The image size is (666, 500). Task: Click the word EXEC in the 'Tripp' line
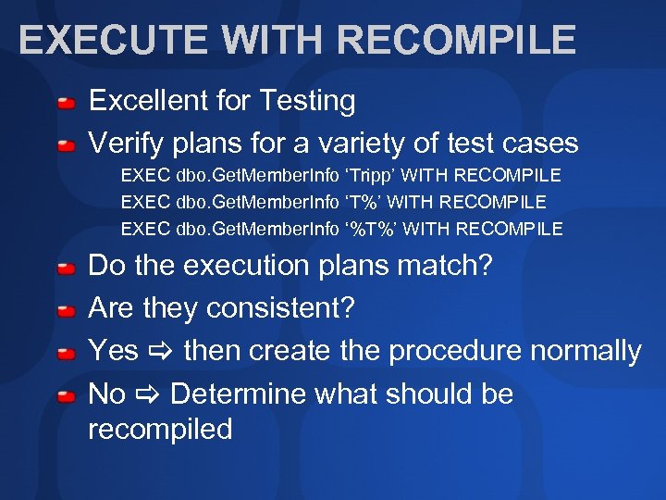pyautogui.click(x=145, y=175)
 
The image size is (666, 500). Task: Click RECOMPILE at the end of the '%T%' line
pyautogui.click(x=510, y=229)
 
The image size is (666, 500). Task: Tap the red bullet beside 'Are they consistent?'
pyautogui.click(x=67, y=311)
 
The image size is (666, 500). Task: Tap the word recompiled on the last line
pyautogui.click(x=160, y=429)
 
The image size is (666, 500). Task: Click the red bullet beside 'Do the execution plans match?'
pyautogui.click(x=67, y=269)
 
